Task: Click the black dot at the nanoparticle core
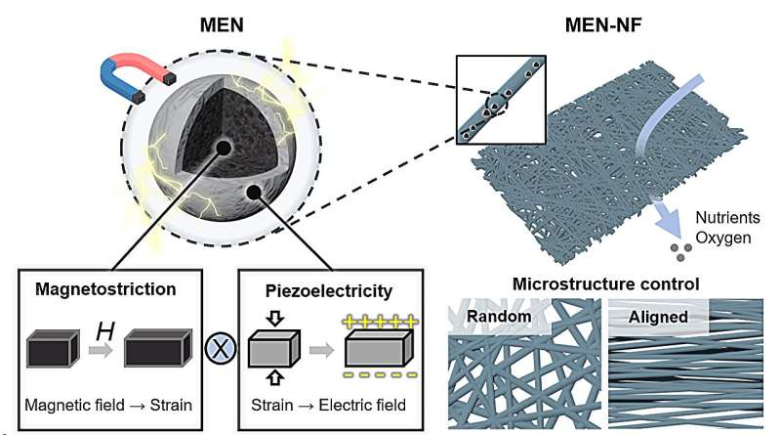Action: [x=224, y=147]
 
